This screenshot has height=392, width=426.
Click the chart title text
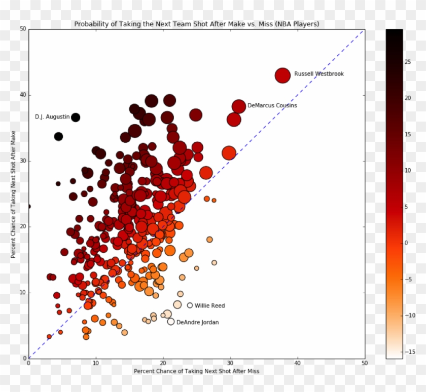point(196,24)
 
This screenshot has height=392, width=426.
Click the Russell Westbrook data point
point(283,75)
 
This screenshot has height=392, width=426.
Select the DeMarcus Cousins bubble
point(239,106)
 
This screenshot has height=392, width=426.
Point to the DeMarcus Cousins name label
point(272,106)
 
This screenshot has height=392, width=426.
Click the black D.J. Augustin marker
point(76,117)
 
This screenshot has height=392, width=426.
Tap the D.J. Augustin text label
point(52,117)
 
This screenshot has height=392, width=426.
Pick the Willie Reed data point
point(190,305)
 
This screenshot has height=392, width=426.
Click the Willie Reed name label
point(209,306)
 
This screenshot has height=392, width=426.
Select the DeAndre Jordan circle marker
point(171,322)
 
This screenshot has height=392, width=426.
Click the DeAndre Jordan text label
point(197,323)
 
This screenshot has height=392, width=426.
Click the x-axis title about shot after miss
point(196,371)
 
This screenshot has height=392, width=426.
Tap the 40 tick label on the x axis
point(297,363)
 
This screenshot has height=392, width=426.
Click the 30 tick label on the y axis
point(22,161)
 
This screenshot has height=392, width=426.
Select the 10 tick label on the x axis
point(96,363)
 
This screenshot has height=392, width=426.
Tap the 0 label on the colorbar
point(406,243)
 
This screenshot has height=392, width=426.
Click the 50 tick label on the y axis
point(22,29)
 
